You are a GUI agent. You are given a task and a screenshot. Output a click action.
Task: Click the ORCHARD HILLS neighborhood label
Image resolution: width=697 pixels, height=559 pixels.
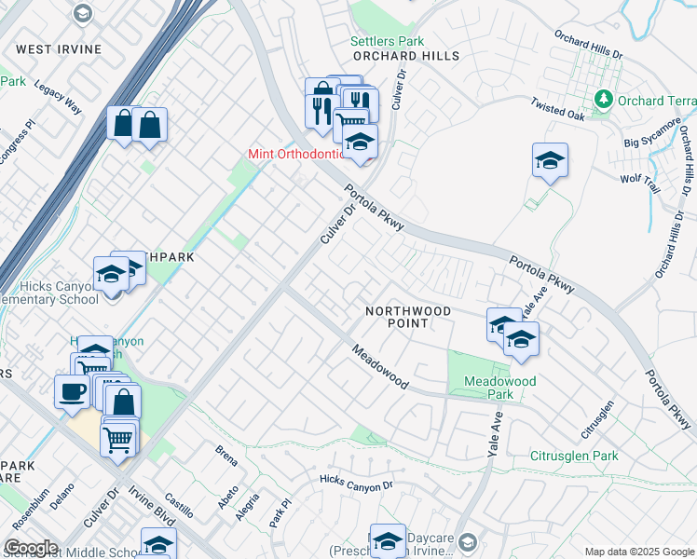coord(406,56)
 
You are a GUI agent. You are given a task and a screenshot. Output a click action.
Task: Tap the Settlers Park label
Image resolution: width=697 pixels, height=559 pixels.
coord(387,41)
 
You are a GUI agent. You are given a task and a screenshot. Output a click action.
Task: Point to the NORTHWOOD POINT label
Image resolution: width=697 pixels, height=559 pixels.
coord(408,317)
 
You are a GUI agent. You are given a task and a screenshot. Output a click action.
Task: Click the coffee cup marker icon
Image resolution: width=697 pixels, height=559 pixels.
coord(72,392)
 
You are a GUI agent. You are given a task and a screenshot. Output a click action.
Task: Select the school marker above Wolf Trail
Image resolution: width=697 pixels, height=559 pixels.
coord(550,160)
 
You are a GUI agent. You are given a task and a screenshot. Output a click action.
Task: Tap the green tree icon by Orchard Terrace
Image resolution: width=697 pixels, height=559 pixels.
coord(604,98)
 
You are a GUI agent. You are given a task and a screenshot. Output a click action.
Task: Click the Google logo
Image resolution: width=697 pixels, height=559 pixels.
coord(31,548)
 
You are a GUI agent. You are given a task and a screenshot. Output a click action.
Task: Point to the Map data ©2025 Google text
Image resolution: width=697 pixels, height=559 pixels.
coord(638,552)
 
